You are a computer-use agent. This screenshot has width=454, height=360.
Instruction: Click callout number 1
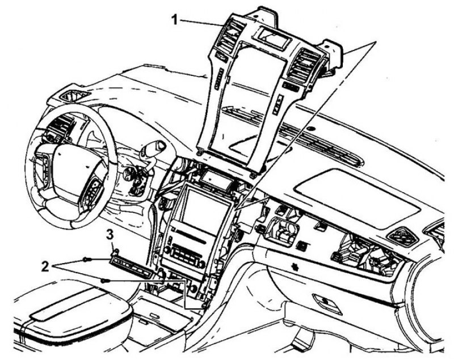(x=175, y=20)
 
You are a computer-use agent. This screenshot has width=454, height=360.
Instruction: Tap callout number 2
(x=45, y=266)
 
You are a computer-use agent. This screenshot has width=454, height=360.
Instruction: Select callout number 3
(x=110, y=235)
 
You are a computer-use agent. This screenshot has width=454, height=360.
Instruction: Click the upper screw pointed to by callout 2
(x=86, y=260)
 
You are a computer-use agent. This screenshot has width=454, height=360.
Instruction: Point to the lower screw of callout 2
(x=105, y=280)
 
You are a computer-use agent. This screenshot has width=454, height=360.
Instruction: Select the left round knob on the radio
(x=167, y=250)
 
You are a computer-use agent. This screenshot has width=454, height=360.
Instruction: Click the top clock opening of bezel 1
(x=271, y=36)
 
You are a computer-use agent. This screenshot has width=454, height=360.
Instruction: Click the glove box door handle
(x=327, y=304)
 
